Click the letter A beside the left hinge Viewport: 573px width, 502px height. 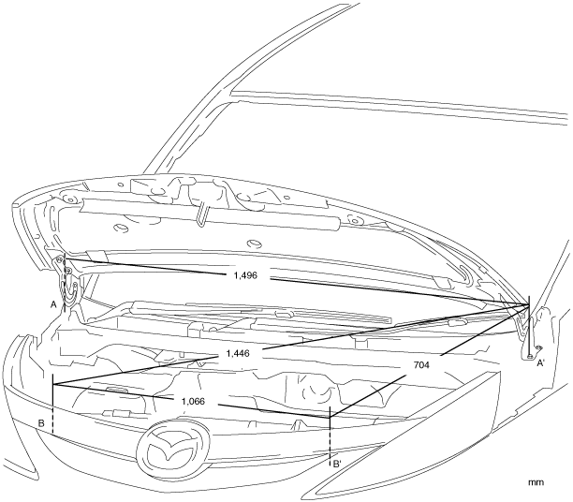[x=54, y=304]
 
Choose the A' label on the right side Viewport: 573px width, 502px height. [x=540, y=365]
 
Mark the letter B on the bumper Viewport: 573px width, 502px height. [x=42, y=424]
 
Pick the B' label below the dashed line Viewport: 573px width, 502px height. [x=337, y=463]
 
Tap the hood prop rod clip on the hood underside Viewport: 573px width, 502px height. [x=202, y=214]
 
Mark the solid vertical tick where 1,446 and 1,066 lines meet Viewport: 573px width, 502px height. [x=53, y=387]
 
